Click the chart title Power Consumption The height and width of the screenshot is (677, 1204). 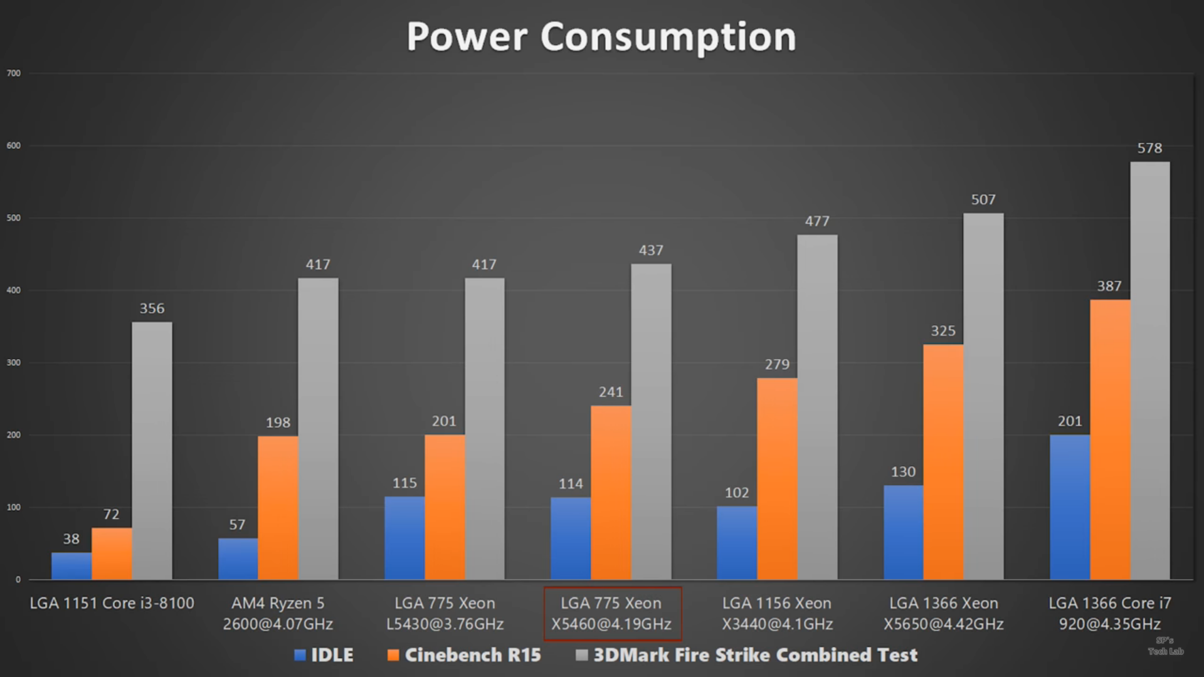pos(601,37)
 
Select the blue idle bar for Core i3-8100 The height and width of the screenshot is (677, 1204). pos(71,566)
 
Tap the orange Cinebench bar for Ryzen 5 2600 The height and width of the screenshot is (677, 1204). pos(278,508)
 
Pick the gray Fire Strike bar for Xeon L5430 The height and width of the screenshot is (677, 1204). pos(484,429)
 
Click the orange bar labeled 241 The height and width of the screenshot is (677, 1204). pos(611,493)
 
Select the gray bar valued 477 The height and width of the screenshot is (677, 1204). pos(817,407)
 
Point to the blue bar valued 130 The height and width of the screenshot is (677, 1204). pos(903,532)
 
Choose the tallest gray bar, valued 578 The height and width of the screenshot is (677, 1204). pos(1149,370)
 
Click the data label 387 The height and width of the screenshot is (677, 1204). pos(1109,286)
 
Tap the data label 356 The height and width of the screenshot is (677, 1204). pos(152,308)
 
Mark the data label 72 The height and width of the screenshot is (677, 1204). pos(111,515)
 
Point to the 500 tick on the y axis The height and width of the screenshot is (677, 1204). pos(14,218)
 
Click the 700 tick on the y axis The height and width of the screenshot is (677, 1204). pos(14,73)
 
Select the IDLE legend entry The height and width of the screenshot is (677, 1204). pos(324,655)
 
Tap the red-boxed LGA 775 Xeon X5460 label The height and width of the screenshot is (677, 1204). pos(612,614)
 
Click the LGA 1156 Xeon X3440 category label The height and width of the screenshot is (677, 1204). pos(777,614)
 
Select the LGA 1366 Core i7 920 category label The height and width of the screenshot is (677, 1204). pos(1109,614)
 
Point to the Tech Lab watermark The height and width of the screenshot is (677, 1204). pos(1165,647)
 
